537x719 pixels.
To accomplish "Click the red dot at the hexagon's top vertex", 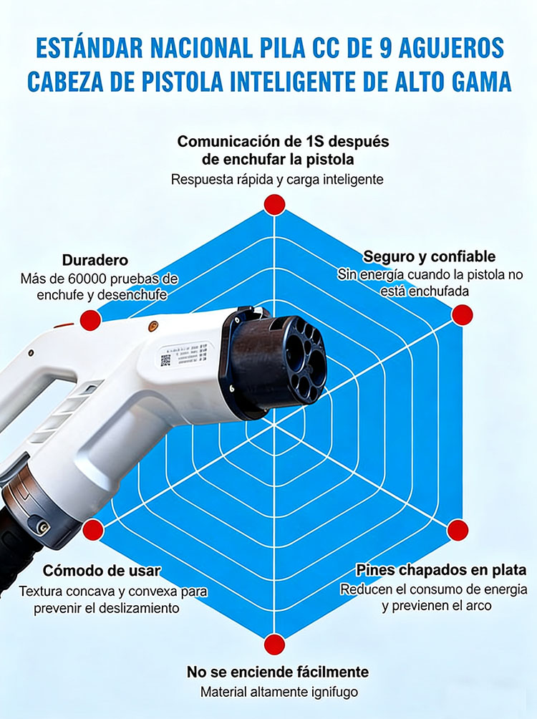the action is pos(275,204).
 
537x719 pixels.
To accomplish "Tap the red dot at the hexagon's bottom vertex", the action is pos(274,645).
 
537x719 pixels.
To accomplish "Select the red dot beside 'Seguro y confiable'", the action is pos(463,315).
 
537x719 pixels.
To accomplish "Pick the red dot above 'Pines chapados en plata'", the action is pos(458,531).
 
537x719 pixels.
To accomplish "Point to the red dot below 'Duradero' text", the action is pos(91,320).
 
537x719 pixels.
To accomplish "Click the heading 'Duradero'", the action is pos(95,260).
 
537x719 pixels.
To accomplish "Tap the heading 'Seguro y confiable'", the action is pos(429,256).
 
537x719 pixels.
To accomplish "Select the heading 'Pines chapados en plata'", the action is pos(441,570).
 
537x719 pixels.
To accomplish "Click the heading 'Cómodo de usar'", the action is pos(102,571).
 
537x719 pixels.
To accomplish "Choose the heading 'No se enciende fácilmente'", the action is pos(277,672).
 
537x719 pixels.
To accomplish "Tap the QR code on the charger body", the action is pos(165,360).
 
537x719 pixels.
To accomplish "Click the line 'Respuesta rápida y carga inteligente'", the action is pos(277,179).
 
